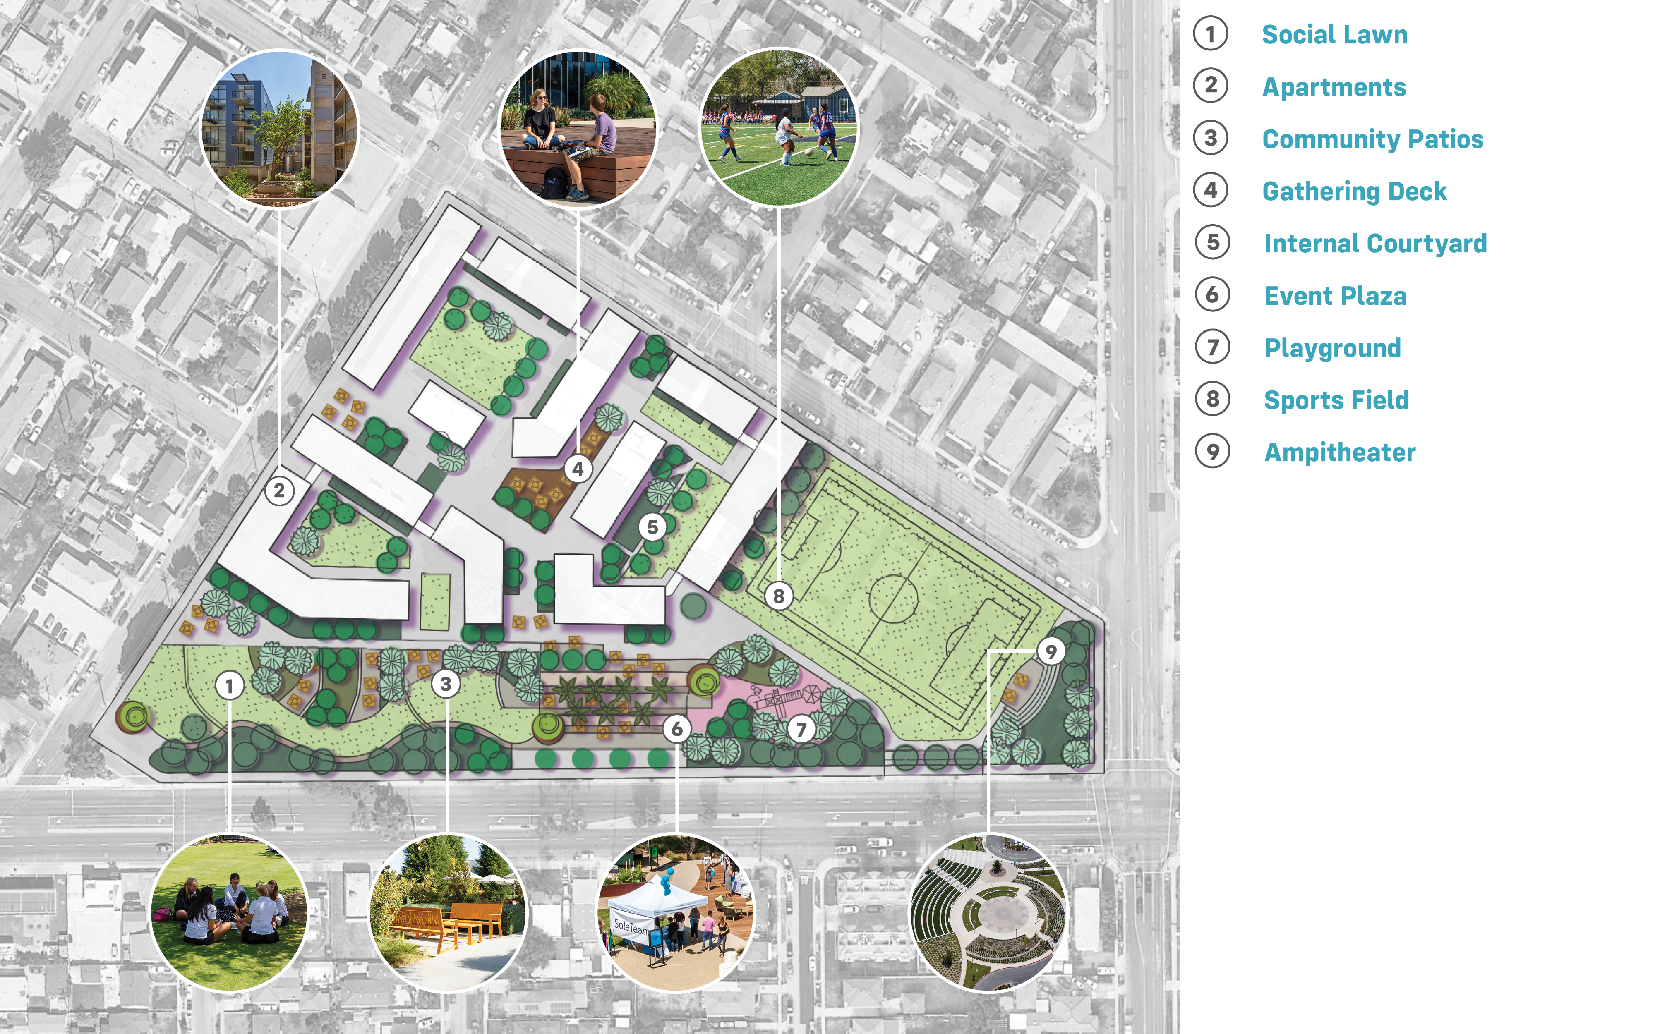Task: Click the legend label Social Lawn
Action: pyautogui.click(x=1334, y=34)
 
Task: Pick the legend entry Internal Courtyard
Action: pyautogui.click(x=1374, y=244)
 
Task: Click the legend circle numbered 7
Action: pyautogui.click(x=1212, y=347)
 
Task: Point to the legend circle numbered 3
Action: pyautogui.click(x=1211, y=138)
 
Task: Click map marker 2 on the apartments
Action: pyautogui.click(x=279, y=491)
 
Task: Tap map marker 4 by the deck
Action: pyautogui.click(x=578, y=469)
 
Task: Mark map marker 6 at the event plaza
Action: pyautogui.click(x=676, y=729)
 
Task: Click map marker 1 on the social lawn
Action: pyautogui.click(x=229, y=685)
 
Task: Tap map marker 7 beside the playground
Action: pyautogui.click(x=801, y=730)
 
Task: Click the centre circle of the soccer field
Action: pyautogui.click(x=892, y=599)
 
